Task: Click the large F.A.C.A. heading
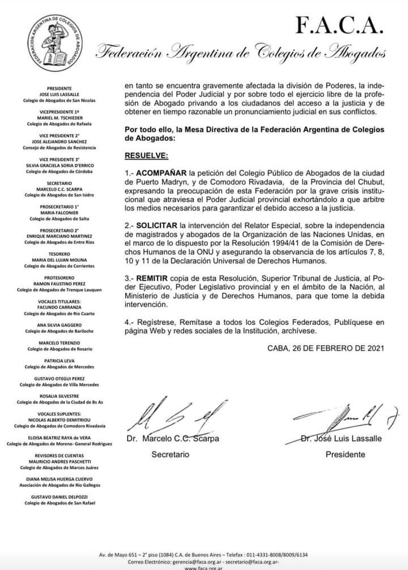point(339,24)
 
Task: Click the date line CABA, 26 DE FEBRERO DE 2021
point(326,348)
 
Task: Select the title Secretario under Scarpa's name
point(170,455)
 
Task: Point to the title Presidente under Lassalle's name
point(345,455)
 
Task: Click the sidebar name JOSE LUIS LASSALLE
point(59,95)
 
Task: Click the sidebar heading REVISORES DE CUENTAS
point(59,456)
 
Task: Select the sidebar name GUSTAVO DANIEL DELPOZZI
point(59,496)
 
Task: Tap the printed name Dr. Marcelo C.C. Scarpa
point(172,438)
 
